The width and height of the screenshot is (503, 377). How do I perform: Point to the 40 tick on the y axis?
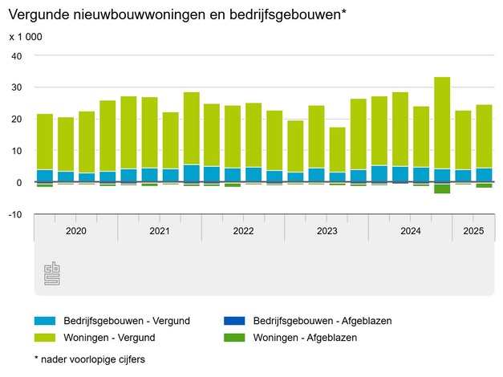[x=17, y=55]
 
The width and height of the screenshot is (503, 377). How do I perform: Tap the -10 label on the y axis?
[x=15, y=214]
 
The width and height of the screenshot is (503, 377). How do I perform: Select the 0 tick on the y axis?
[x=20, y=182]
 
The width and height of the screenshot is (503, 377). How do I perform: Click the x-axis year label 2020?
[x=75, y=231]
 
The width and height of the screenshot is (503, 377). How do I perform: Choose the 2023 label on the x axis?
[x=327, y=231]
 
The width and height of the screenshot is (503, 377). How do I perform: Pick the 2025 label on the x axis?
[x=473, y=231]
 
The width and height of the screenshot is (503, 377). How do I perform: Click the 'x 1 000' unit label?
[x=26, y=37]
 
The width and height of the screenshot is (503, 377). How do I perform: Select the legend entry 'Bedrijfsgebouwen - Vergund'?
[x=112, y=321]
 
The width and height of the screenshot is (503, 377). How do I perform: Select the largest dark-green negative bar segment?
[x=442, y=188]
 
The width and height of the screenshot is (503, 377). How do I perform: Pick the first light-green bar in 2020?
[x=45, y=141]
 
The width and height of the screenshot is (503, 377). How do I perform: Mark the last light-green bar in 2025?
[x=484, y=136]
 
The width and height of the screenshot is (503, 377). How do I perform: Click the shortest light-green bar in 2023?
[x=338, y=149]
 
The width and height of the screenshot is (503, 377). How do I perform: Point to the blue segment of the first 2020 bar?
[x=45, y=176]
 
